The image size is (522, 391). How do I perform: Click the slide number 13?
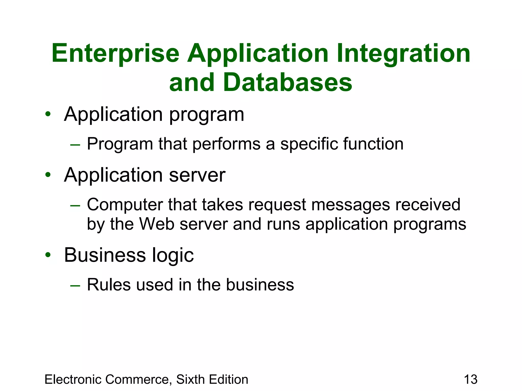(471, 380)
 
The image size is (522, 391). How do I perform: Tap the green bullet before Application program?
(48, 114)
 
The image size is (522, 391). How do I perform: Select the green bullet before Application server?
(48, 175)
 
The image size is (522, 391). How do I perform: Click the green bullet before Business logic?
(48, 255)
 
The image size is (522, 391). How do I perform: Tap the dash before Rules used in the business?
(75, 286)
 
